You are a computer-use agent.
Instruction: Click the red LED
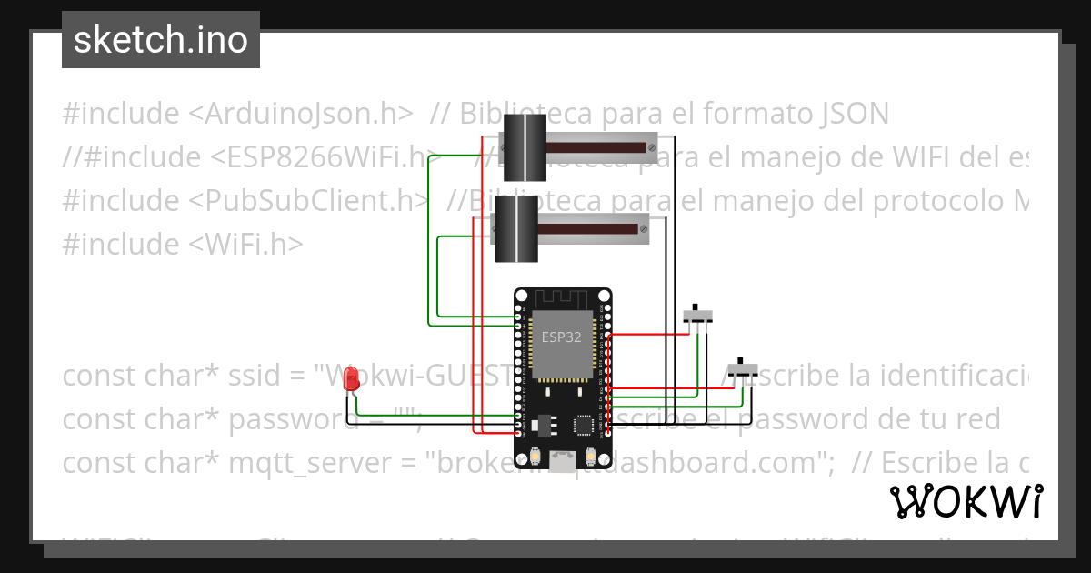click(352, 382)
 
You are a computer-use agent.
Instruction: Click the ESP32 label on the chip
click(562, 337)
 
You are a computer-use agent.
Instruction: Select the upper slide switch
click(697, 316)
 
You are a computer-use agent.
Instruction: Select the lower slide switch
click(746, 370)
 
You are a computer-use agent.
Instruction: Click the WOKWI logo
click(966, 500)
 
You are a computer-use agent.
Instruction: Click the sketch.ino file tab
click(161, 40)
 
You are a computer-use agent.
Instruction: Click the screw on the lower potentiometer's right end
click(643, 229)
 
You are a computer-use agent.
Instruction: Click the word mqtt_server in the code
click(313, 463)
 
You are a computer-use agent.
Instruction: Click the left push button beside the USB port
click(535, 456)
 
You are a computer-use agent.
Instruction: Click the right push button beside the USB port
click(592, 456)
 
